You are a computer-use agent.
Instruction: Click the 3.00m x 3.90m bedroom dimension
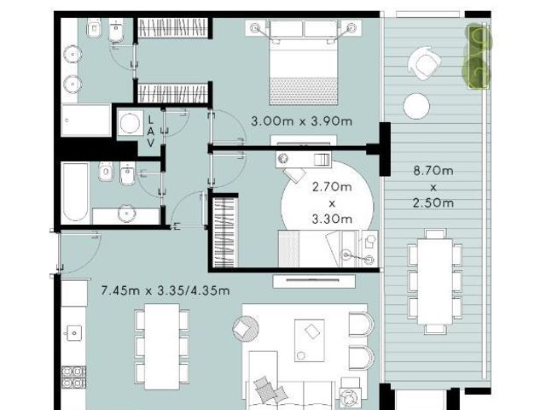(301, 121)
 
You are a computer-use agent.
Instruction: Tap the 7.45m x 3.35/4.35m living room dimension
(165, 290)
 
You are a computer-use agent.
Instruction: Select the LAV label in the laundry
(150, 132)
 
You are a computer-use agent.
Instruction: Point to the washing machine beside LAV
(131, 123)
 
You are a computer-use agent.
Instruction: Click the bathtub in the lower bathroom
(75, 192)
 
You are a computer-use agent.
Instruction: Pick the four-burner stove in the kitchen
(74, 378)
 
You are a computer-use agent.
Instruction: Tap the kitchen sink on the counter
(74, 333)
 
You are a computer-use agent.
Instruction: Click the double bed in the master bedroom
(304, 62)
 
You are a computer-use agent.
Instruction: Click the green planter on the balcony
(477, 56)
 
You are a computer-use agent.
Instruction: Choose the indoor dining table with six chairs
(162, 347)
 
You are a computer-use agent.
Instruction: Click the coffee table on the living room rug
(309, 340)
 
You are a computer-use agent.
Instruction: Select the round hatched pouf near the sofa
(246, 328)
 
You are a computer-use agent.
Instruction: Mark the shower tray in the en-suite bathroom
(86, 120)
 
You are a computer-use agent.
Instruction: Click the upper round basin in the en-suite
(73, 55)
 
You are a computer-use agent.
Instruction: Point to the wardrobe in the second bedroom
(225, 232)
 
